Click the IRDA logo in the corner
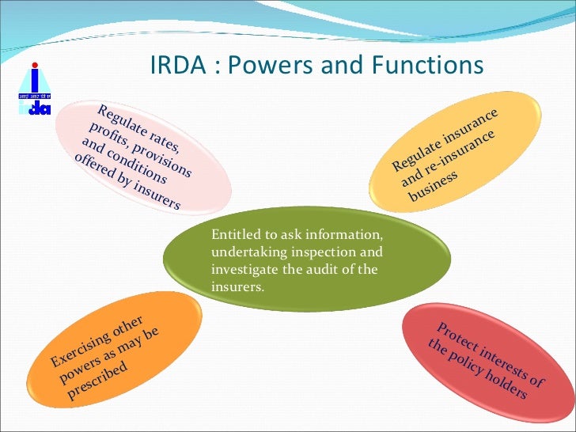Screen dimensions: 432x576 pos(34,89)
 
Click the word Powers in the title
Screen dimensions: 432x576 pos(255,65)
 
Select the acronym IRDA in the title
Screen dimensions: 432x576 pos(176,65)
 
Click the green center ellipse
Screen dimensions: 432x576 pos(306,261)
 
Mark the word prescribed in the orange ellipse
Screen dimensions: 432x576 pos(97,383)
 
